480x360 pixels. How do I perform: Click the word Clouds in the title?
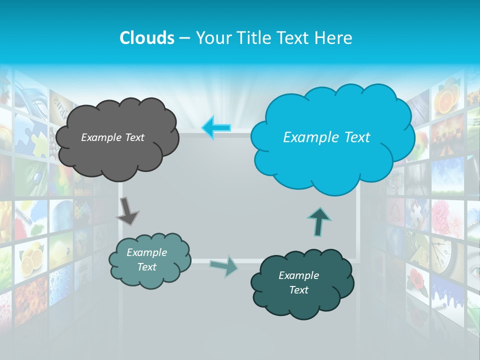pyautogui.click(x=146, y=38)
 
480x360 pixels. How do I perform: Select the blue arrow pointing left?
pyautogui.click(x=216, y=127)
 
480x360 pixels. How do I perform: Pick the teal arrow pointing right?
pyautogui.click(x=224, y=265)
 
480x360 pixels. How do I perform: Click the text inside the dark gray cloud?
pyautogui.click(x=112, y=137)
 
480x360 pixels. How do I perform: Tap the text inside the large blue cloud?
pyautogui.click(x=326, y=137)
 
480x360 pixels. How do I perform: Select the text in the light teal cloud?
pyautogui.click(x=146, y=260)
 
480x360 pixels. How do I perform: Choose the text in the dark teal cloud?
pyautogui.click(x=298, y=282)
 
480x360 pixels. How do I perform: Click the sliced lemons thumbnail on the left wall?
pyautogui.click(x=31, y=257)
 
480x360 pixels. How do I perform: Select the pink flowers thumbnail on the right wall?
pyautogui.click(x=445, y=217)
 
